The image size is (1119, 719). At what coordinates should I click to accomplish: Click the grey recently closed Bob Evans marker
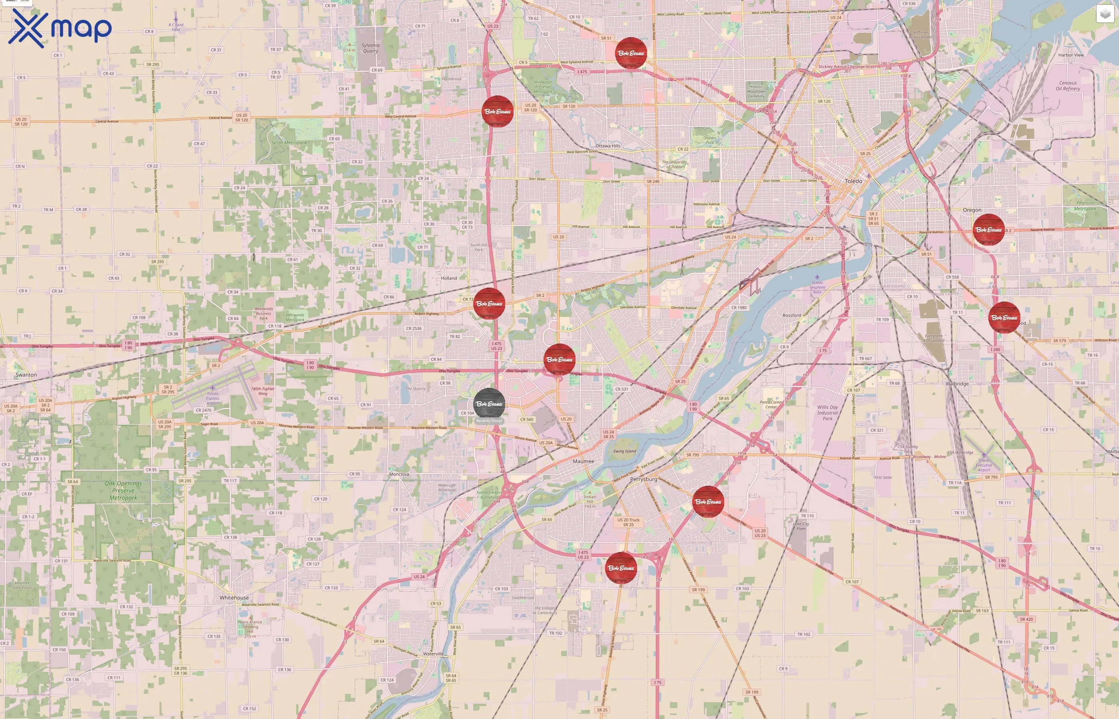tap(489, 403)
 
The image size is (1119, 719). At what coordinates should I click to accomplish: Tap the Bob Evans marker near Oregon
tap(988, 230)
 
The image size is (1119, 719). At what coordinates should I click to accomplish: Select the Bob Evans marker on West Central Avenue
tap(498, 111)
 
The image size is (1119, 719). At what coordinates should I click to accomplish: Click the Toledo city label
tap(853, 181)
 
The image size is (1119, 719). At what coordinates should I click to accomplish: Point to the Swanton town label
tap(26, 375)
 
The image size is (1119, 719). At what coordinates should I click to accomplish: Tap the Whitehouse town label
tap(234, 598)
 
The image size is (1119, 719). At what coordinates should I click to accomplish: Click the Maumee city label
tap(583, 461)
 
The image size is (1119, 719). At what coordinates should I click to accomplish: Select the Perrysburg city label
tap(643, 479)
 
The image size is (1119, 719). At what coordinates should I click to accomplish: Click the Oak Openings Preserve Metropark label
tap(123, 491)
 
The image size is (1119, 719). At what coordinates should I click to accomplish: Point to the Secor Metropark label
tap(289, 143)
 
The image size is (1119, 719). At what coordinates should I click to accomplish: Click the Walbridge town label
tap(957, 384)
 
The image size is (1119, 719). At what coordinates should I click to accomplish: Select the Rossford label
tap(791, 316)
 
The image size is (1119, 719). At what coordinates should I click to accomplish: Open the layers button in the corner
tap(1105, 14)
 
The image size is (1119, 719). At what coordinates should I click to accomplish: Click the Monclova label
tap(399, 475)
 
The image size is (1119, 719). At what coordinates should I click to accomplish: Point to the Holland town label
tap(449, 278)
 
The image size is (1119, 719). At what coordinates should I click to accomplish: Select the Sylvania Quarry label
tap(370, 48)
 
